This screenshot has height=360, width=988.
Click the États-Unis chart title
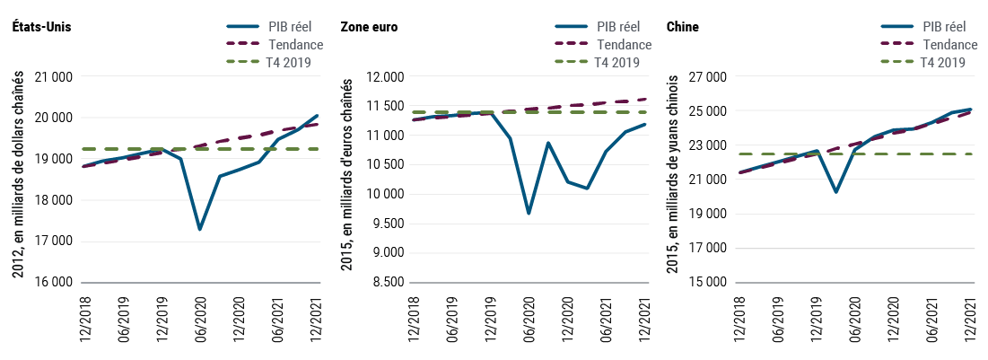[41, 27]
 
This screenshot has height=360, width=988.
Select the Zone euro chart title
[369, 27]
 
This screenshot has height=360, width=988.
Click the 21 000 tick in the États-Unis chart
[54, 77]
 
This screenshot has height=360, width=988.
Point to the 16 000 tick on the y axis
[54, 282]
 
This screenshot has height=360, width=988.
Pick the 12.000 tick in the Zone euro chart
[384, 77]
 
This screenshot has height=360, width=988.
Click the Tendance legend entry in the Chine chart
[949, 44]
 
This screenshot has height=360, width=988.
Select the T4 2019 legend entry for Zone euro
[617, 62]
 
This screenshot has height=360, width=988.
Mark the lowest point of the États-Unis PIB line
[199, 230]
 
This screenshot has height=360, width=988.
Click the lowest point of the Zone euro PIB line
[529, 214]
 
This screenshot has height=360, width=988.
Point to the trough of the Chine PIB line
[836, 192]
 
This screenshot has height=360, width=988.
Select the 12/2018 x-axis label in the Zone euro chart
[415, 318]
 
